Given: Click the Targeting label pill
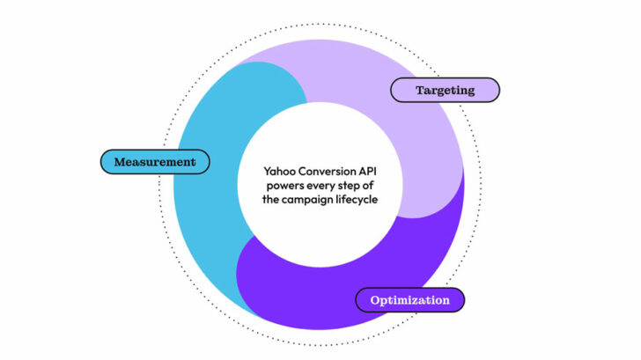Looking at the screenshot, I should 445,90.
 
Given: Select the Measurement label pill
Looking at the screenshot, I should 156,162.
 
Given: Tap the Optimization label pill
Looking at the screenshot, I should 409,300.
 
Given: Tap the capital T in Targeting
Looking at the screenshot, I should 419,90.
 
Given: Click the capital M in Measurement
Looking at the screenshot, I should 120,162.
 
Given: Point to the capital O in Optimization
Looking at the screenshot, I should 375,300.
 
